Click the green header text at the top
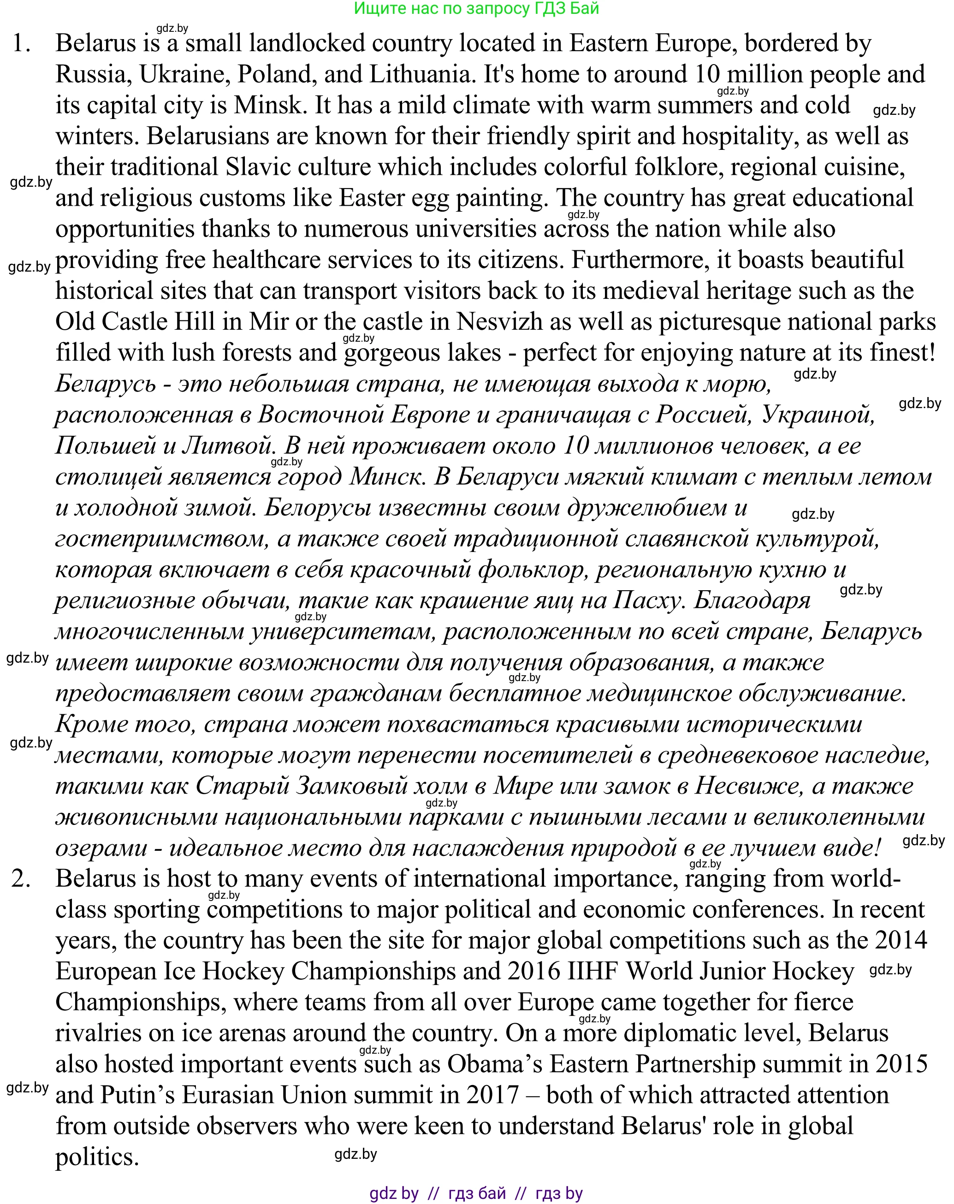pos(476,8)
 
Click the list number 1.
pos(21,43)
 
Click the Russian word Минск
pos(385,477)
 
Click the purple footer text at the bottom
pos(476,1193)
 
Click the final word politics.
pos(97,1157)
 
